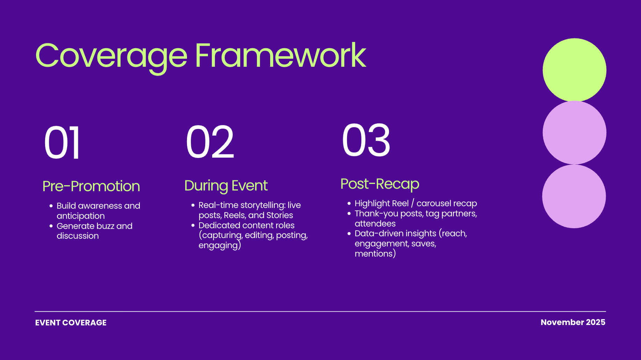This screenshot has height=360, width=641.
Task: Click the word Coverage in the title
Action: tap(111, 56)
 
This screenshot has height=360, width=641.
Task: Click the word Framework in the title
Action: tap(281, 55)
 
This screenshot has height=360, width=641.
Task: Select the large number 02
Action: tap(210, 142)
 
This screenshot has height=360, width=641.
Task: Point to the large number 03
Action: tap(366, 140)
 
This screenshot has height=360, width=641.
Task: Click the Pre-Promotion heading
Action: tap(91, 186)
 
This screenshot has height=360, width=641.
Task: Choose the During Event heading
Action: tap(226, 186)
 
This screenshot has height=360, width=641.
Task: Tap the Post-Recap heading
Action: tap(380, 184)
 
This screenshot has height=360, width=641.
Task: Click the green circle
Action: tap(574, 70)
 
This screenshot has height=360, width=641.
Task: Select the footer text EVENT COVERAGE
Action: tap(71, 323)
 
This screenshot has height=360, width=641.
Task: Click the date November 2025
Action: tap(573, 322)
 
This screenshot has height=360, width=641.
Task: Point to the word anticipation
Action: tap(81, 216)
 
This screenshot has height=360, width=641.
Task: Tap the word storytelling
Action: tap(263, 205)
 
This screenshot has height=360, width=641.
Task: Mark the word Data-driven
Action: tap(378, 233)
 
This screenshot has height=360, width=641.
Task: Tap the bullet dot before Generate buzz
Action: tap(51, 226)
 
